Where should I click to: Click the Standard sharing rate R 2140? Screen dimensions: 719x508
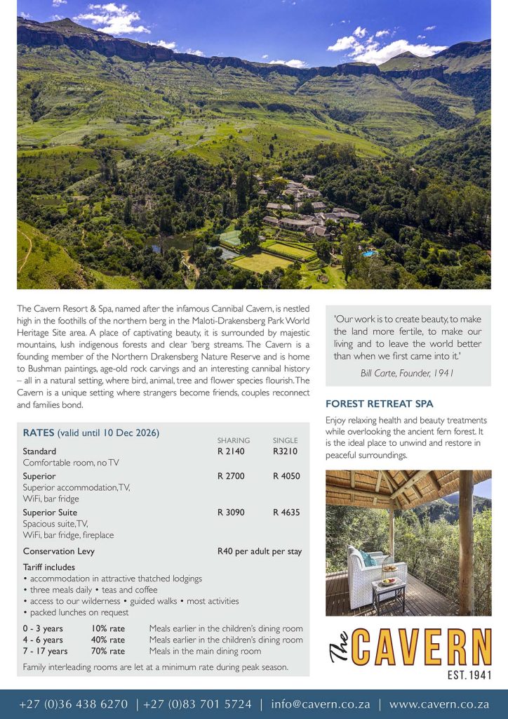(x=231, y=451)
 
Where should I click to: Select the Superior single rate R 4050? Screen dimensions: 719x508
(x=286, y=476)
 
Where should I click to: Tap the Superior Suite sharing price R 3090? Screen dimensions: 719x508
(x=231, y=513)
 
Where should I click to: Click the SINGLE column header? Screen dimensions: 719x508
(x=285, y=440)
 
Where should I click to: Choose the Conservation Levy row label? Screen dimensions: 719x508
(x=58, y=551)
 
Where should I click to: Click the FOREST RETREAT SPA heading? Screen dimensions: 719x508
(x=379, y=404)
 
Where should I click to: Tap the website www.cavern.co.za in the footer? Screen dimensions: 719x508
(x=439, y=704)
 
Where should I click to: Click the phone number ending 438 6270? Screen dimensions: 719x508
(x=74, y=704)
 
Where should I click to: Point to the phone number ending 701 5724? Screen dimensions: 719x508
(x=197, y=704)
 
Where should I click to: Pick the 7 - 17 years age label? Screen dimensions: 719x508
(x=45, y=651)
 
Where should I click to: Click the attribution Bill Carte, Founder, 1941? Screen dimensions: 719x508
(x=407, y=373)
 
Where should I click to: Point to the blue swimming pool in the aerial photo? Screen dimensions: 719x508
(x=369, y=253)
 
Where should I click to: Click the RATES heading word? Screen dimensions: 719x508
(x=39, y=433)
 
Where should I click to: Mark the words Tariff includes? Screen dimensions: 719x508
(x=48, y=567)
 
